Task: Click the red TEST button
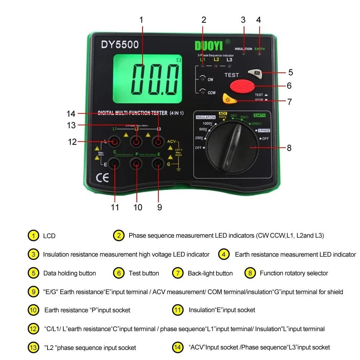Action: (x=242, y=86)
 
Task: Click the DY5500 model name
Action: (x=120, y=45)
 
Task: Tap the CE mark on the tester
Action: (x=102, y=178)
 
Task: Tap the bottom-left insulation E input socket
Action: (x=115, y=164)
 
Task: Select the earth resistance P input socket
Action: (x=137, y=164)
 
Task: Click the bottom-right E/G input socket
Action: (x=158, y=164)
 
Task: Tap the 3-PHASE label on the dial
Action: (x=262, y=131)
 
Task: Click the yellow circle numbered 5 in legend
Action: (x=33, y=273)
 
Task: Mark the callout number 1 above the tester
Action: (x=141, y=20)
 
